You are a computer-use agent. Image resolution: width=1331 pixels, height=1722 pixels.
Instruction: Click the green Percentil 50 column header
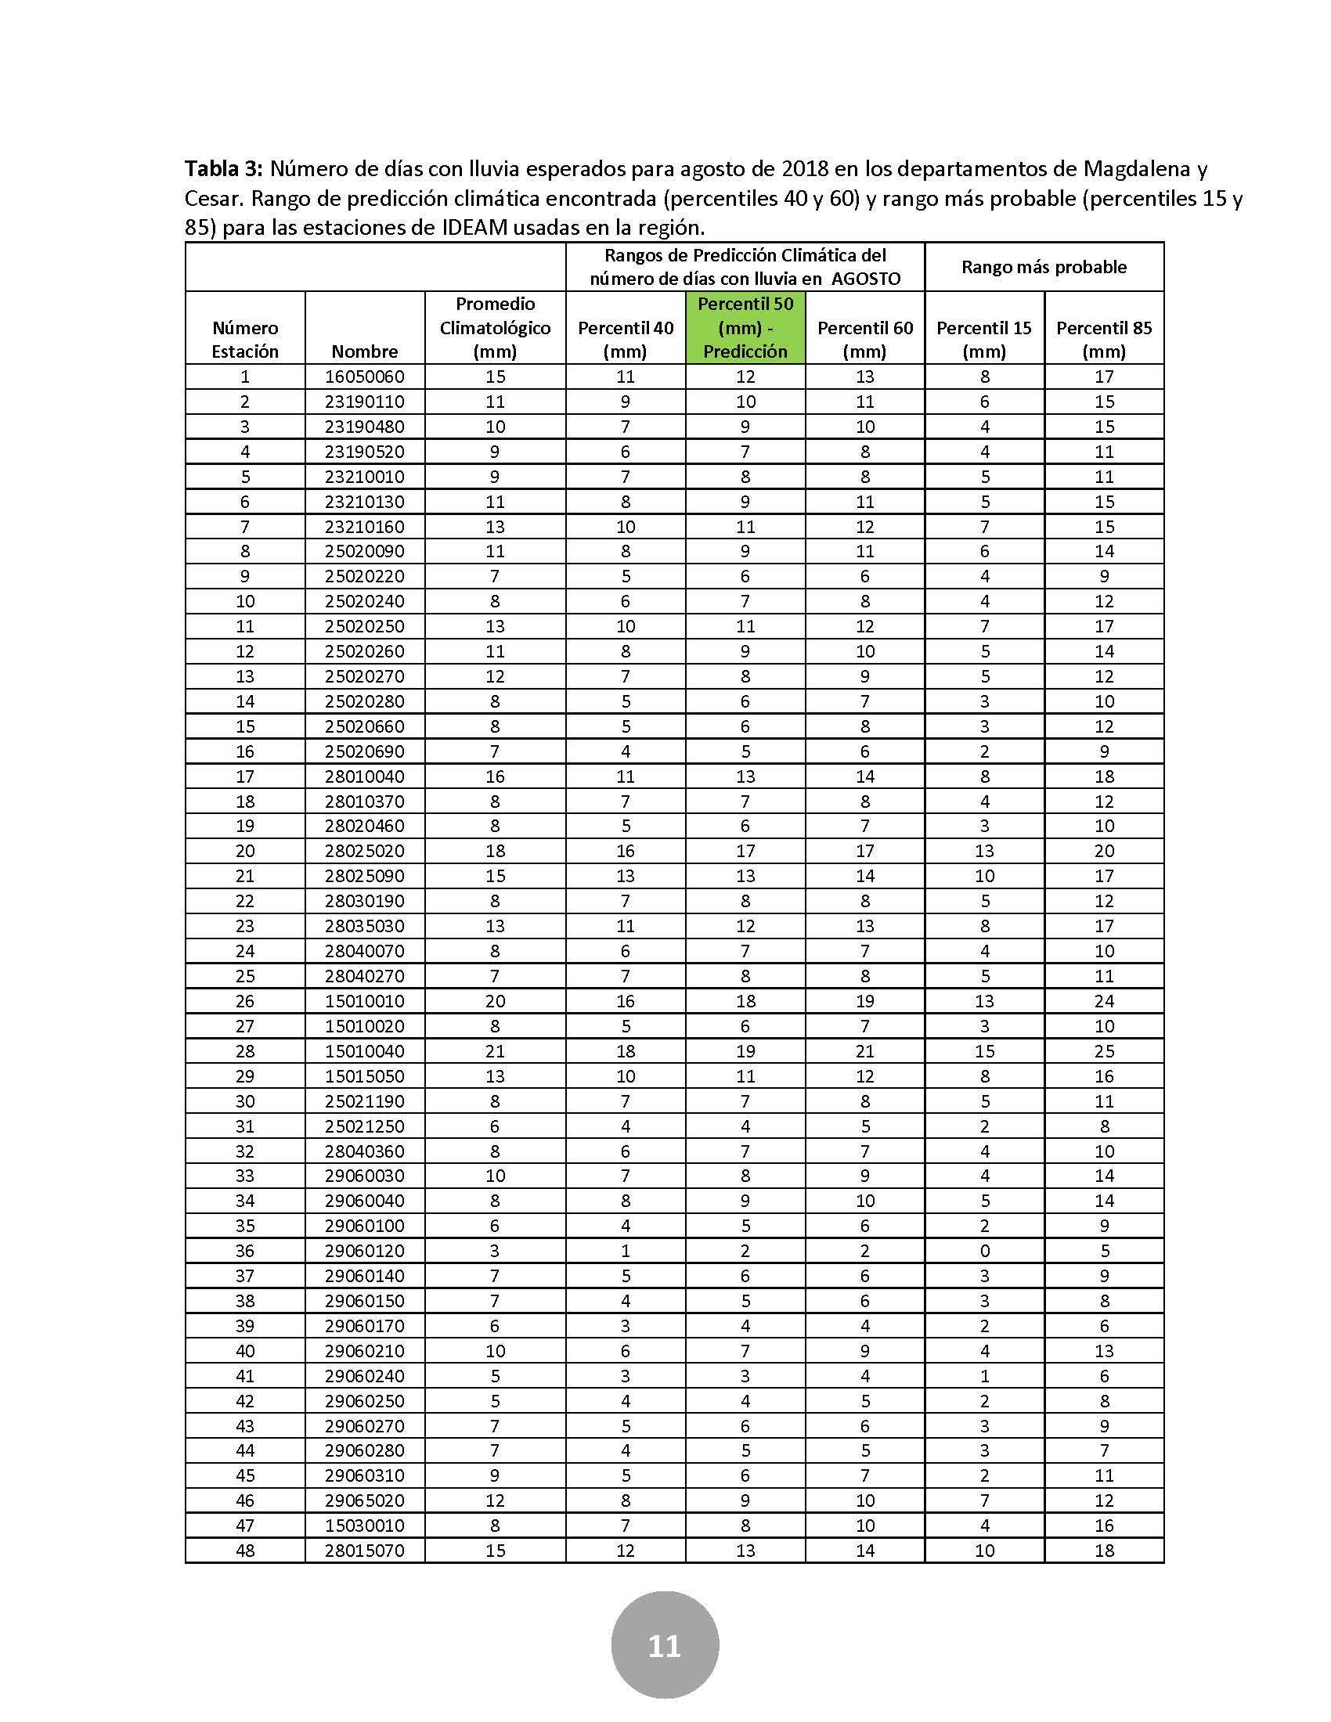pos(745,327)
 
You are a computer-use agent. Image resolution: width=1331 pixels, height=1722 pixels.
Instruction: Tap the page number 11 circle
pos(665,1645)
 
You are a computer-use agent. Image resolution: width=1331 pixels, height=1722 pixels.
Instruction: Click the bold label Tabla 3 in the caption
pos(225,169)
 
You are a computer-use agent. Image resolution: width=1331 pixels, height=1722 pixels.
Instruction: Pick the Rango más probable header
pos(1044,267)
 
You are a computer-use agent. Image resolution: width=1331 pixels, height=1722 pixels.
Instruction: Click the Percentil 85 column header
pos(1104,339)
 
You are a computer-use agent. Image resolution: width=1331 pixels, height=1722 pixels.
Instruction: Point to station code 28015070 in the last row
pos(364,1550)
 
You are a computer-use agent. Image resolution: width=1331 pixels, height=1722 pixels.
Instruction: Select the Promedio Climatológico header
pos(495,327)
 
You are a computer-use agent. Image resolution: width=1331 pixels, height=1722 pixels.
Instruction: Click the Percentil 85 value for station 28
pos(1104,1051)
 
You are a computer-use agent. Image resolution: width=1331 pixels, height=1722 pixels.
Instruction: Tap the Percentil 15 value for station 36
pos(984,1251)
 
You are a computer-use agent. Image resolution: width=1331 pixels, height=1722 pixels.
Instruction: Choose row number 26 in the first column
pos(245,1001)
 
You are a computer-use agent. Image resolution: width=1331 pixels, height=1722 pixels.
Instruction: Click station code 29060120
pos(364,1251)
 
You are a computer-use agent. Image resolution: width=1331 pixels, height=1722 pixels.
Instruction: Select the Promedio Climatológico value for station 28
pos(495,1051)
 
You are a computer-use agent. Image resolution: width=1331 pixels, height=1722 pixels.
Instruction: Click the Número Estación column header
pos(245,339)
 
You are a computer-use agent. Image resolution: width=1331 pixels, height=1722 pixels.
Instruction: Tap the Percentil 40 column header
pos(626,339)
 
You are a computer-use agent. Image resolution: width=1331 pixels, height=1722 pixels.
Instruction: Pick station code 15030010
pos(364,1525)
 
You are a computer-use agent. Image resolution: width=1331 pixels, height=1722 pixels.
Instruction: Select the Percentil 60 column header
pos(865,339)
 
